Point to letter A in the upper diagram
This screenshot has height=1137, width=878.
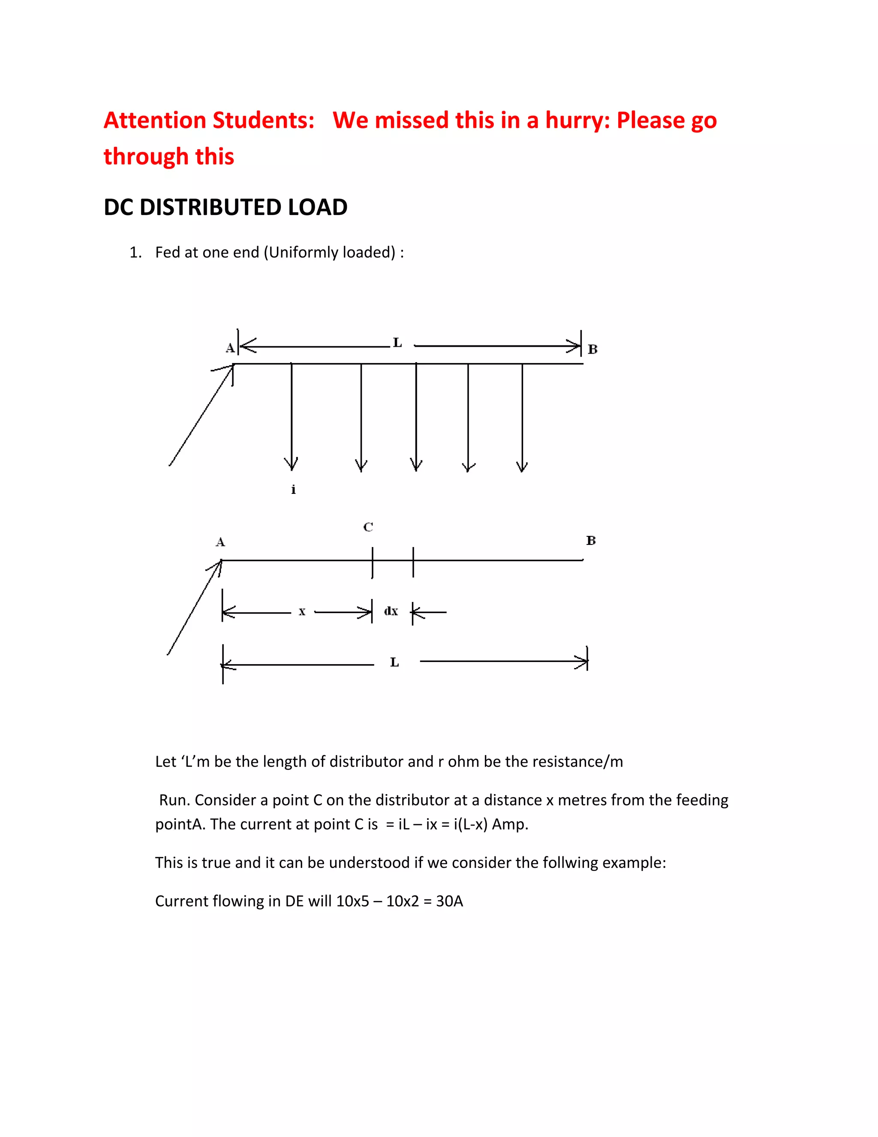click(230, 348)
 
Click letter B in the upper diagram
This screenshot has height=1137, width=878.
click(592, 349)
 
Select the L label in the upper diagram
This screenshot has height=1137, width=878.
click(397, 342)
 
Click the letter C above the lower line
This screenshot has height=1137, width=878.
click(368, 527)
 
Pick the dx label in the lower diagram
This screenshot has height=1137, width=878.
click(391, 611)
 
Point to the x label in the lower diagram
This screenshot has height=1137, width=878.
click(302, 612)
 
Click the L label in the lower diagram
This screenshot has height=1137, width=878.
click(394, 662)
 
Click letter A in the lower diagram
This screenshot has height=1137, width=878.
click(220, 542)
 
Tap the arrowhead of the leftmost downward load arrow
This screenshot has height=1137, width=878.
click(291, 465)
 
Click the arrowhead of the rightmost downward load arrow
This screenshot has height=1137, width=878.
click(522, 466)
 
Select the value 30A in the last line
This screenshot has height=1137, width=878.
click(449, 901)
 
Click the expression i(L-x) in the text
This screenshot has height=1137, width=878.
click(471, 824)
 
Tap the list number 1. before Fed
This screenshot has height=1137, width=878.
click(136, 252)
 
